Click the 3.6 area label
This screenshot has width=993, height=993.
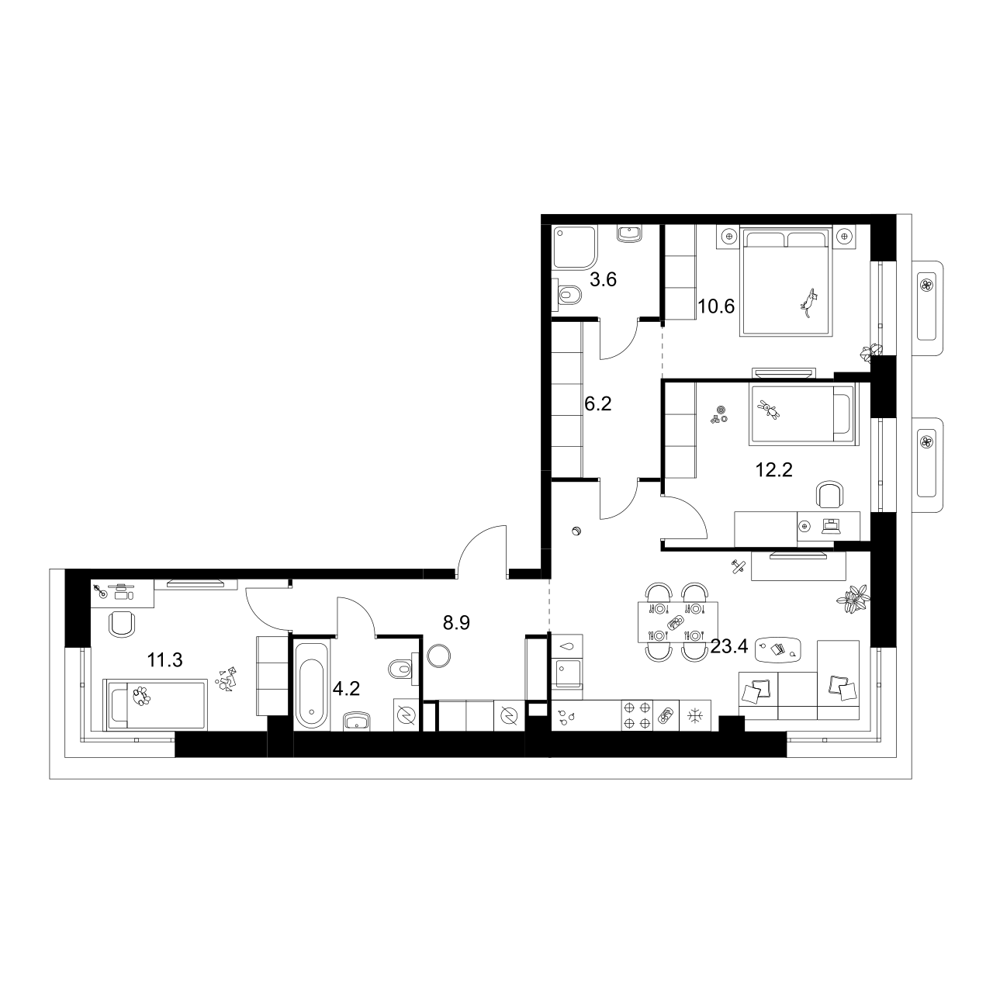(x=603, y=280)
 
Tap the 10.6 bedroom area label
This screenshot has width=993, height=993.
(x=716, y=306)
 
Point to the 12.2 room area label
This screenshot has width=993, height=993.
(x=774, y=469)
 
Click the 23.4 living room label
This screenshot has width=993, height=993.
(x=728, y=646)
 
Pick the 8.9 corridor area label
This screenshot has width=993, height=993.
(x=457, y=622)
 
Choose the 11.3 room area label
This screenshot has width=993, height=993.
(x=164, y=660)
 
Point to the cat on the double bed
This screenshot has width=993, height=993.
(x=809, y=303)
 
